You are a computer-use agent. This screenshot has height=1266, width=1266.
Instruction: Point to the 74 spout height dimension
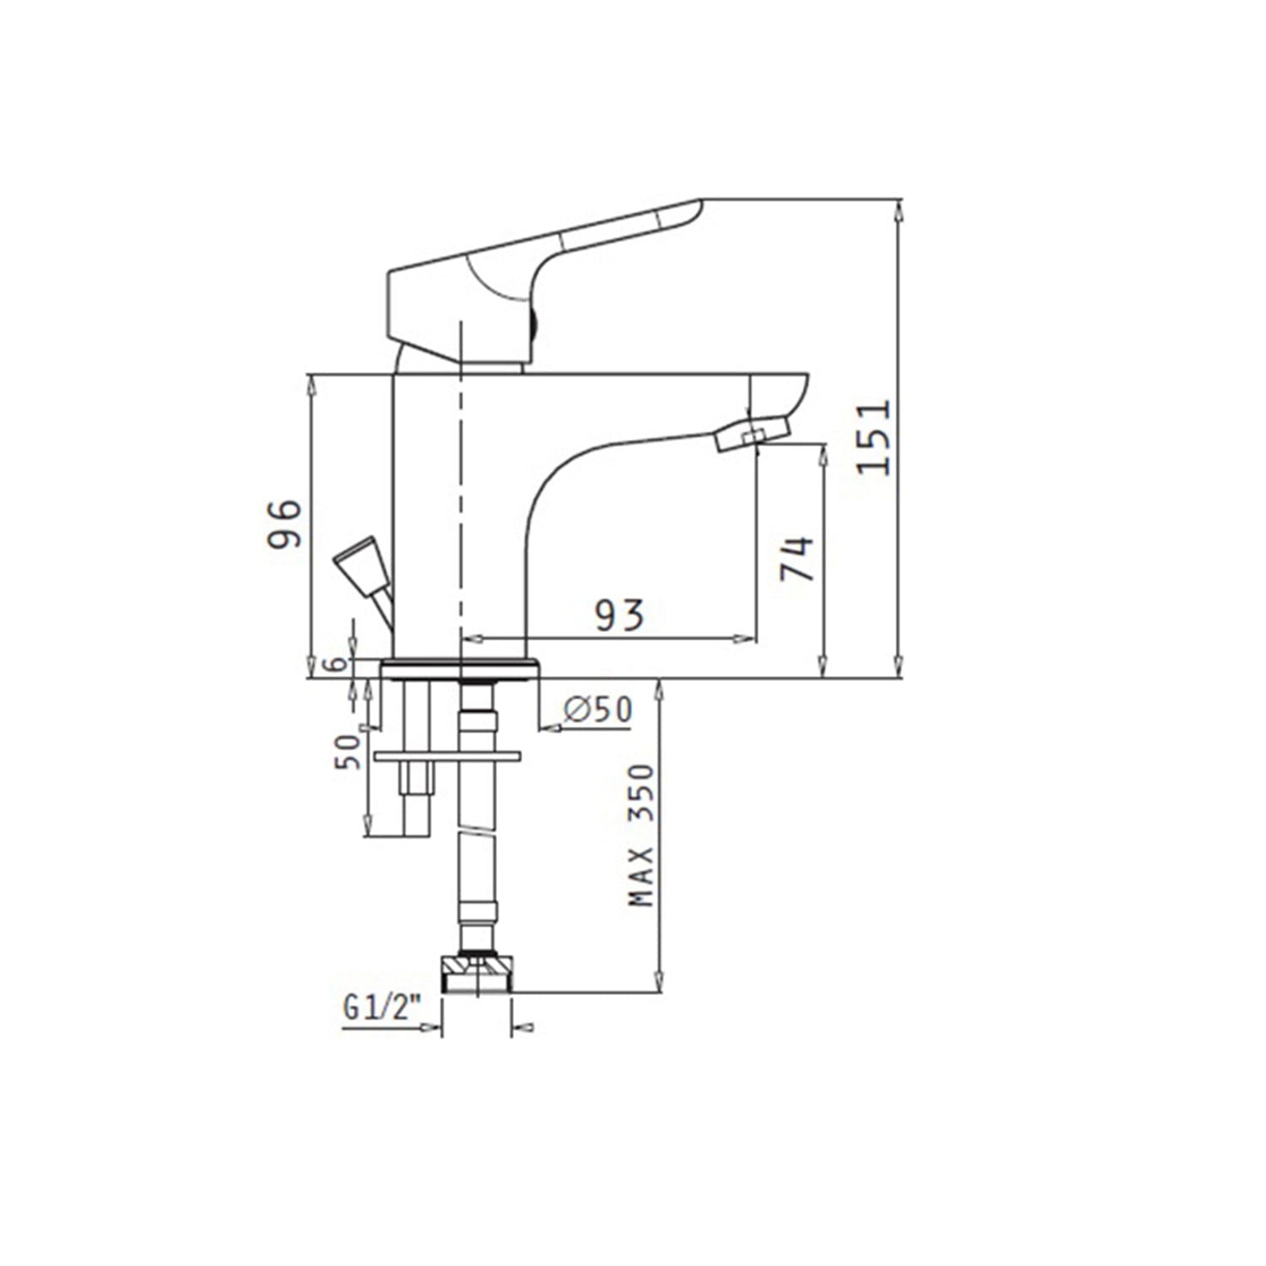tap(797, 558)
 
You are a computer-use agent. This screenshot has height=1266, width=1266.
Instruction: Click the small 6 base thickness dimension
tap(338, 664)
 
